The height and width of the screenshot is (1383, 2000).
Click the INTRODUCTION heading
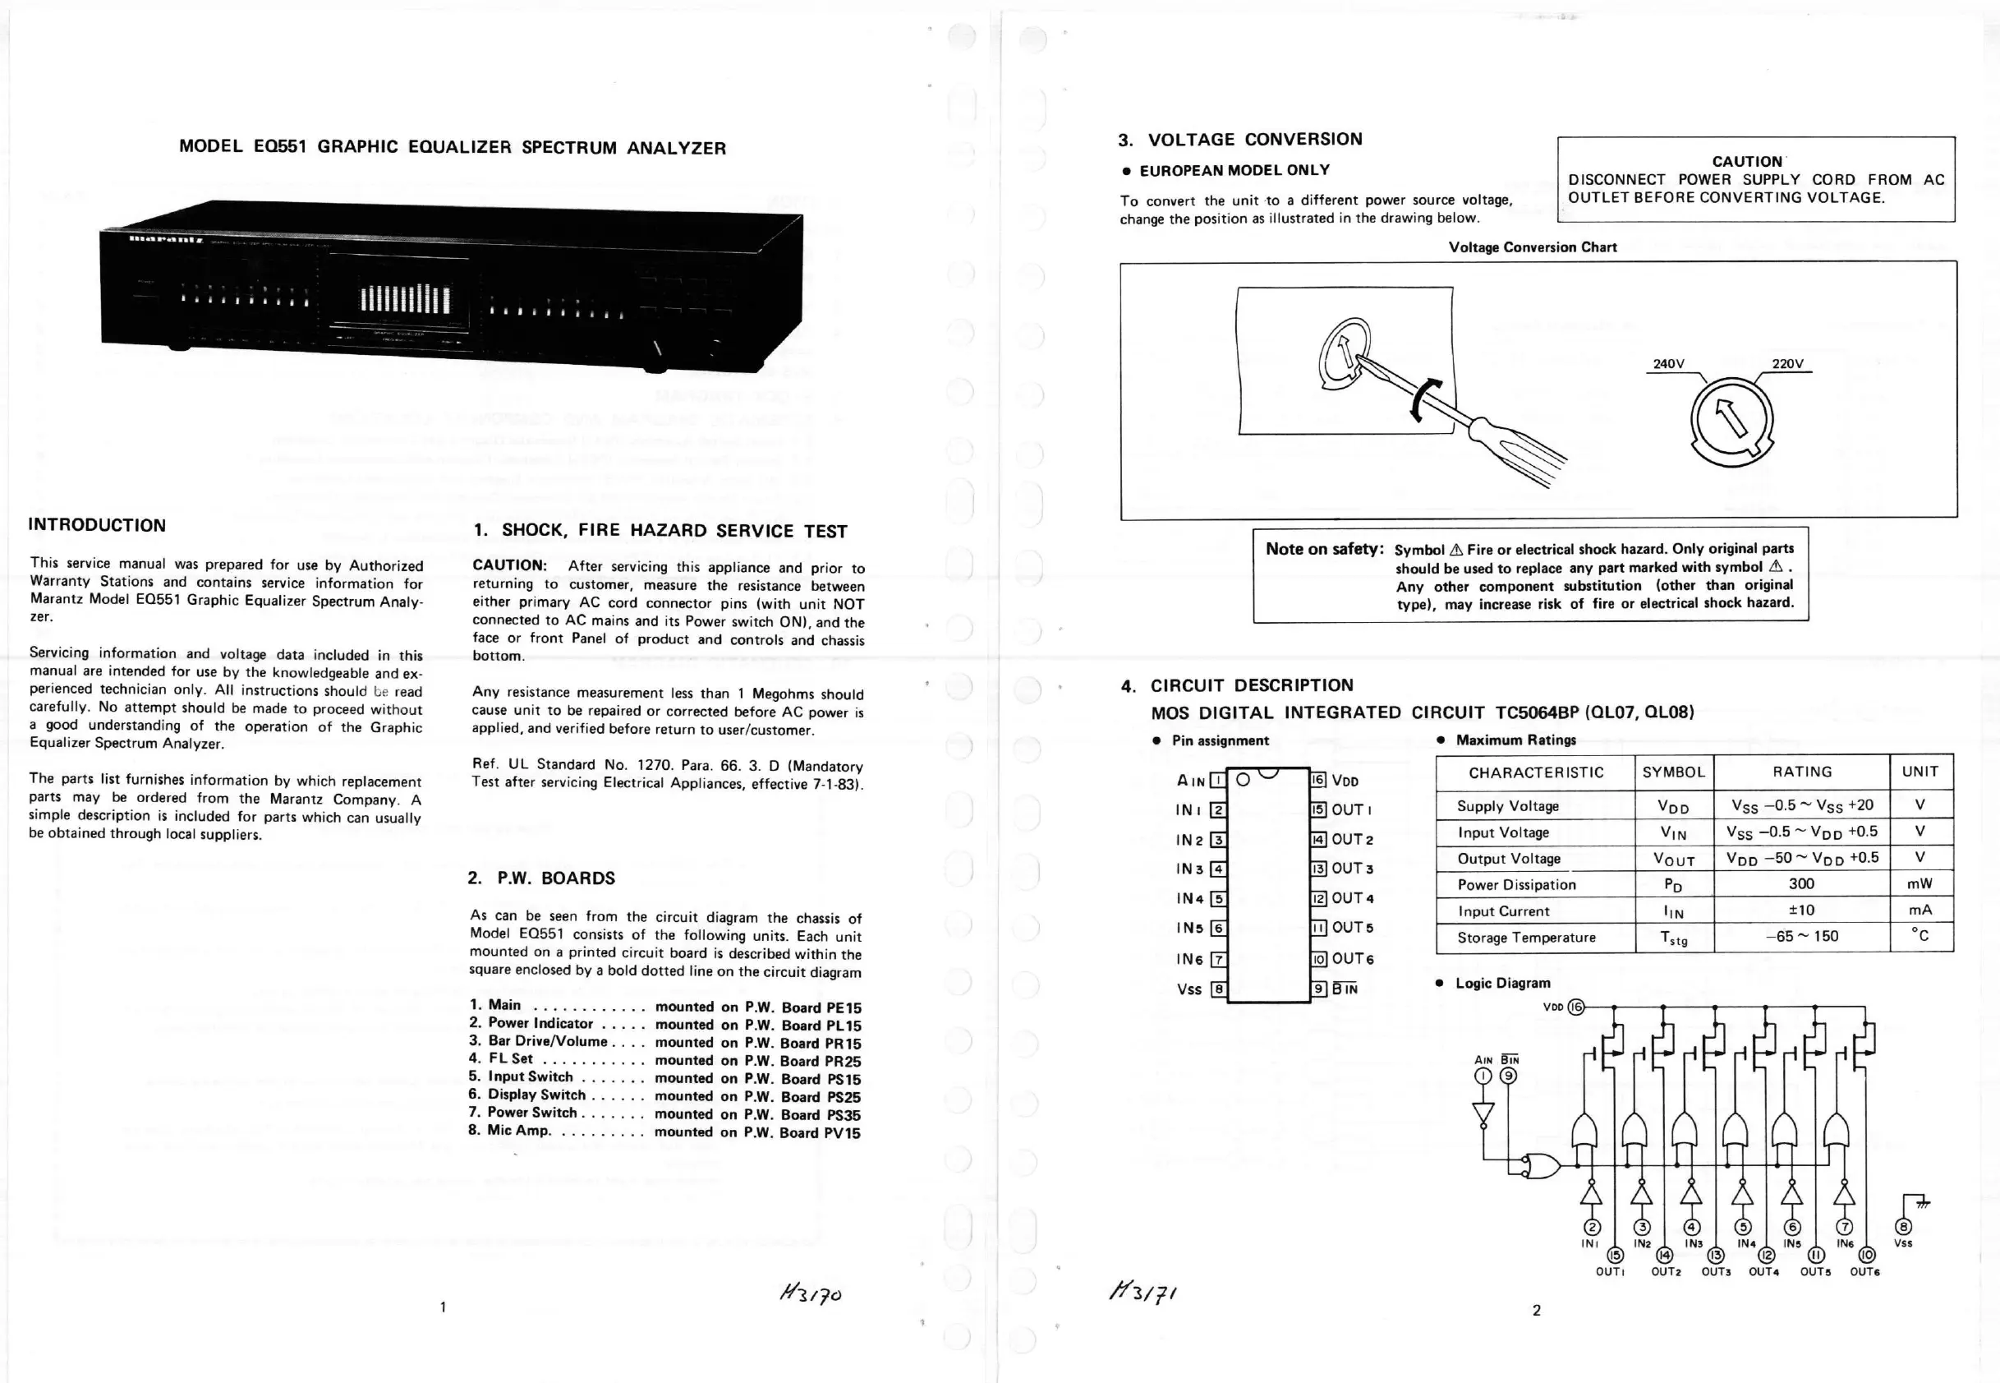tap(97, 525)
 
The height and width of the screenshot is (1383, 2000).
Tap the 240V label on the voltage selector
tap(1668, 364)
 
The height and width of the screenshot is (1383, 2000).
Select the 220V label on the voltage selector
tap(1787, 364)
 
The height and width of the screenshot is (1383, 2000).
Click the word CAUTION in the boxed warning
tap(1746, 162)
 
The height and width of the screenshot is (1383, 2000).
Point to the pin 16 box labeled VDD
tap(1317, 780)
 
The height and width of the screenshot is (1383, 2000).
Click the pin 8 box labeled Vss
tap(1218, 989)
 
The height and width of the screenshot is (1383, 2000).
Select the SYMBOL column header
tap(1673, 772)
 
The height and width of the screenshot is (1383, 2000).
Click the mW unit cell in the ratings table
tap(1920, 884)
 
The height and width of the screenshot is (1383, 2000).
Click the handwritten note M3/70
tap(810, 1293)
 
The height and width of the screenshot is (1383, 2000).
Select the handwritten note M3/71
tap(1143, 1292)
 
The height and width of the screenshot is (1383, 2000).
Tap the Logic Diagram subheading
tap(1503, 983)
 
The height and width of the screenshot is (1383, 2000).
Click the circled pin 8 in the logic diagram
tap(1903, 1227)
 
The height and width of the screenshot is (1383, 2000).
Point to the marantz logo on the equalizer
tap(166, 239)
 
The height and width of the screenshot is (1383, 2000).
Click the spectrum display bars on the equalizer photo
tap(404, 299)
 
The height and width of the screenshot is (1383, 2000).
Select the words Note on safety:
tap(1324, 549)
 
